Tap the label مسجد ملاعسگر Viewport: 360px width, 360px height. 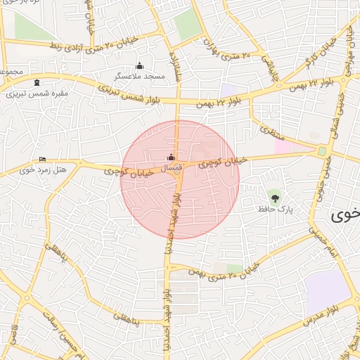point(141,75)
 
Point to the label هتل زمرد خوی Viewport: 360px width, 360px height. point(42,169)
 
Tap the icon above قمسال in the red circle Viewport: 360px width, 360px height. point(172,157)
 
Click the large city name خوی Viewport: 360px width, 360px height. point(345,216)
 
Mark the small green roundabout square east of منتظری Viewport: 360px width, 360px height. point(322,150)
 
